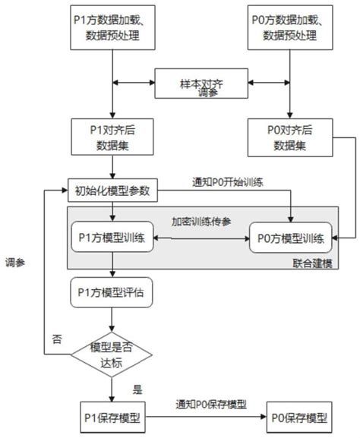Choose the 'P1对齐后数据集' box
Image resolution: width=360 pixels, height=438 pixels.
click(x=112, y=135)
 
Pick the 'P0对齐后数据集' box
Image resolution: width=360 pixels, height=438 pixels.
click(x=291, y=135)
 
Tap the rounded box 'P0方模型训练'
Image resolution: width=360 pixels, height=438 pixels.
click(x=291, y=238)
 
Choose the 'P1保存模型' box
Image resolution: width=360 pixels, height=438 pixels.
click(x=112, y=418)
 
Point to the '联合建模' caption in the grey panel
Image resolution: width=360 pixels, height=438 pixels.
click(x=316, y=261)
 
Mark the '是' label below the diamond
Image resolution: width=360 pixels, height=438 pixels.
click(x=137, y=390)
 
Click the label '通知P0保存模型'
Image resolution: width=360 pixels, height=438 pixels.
click(x=210, y=405)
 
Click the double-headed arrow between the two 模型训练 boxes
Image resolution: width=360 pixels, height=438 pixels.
click(x=201, y=238)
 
